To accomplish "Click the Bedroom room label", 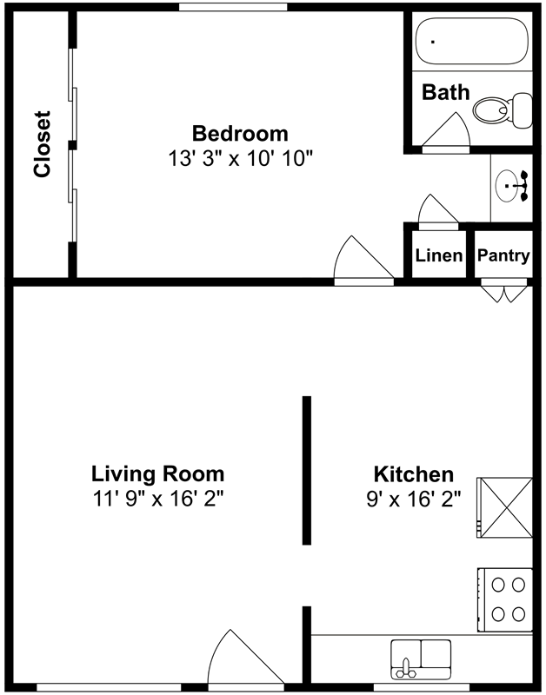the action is tap(240, 134).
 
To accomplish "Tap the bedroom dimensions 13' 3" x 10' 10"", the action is tap(241, 159).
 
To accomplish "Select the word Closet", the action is tap(42, 144).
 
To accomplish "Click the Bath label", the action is tap(445, 92).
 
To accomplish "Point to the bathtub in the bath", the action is tap(472, 41).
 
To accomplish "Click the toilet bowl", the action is tap(491, 109).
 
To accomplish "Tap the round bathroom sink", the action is tap(508, 186).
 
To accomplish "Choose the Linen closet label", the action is tap(439, 255).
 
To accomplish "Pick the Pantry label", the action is tap(503, 255).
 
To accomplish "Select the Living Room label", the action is tap(158, 473).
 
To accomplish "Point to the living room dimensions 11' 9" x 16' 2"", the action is tap(158, 499).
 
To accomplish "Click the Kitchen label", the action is tap(414, 474).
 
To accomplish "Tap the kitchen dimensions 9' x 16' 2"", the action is tap(414, 500).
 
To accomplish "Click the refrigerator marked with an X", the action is tap(504, 507).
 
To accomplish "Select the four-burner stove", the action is tap(505, 599).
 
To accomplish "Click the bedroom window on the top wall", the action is tap(233, 7).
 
